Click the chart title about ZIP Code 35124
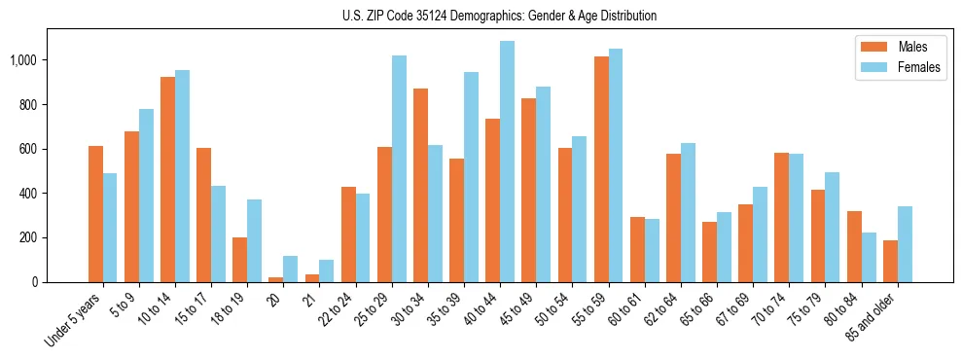pyautogui.click(x=499, y=16)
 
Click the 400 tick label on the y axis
pyautogui.click(x=28, y=194)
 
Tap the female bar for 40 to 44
pyautogui.click(x=507, y=162)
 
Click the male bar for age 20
pyautogui.click(x=276, y=279)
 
